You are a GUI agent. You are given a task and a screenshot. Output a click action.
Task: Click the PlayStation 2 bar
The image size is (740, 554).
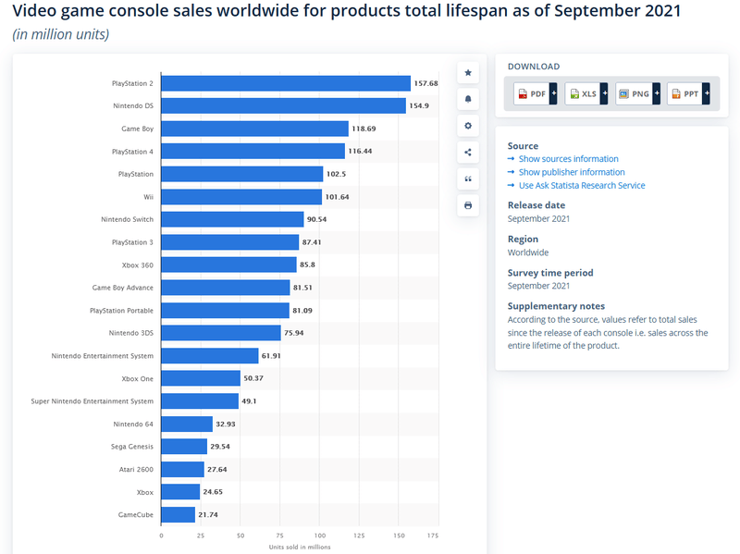(286, 83)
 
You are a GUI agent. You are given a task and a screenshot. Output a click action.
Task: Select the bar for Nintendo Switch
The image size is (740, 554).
(232, 219)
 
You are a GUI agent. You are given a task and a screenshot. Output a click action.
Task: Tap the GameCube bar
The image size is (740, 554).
(178, 514)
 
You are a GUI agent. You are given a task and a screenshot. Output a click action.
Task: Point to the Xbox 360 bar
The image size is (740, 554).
(228, 265)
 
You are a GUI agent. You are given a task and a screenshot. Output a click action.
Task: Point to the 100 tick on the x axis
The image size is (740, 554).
(319, 536)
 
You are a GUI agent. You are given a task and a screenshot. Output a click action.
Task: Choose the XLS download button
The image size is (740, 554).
(587, 93)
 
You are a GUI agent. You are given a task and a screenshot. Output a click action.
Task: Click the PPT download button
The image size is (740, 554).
(689, 93)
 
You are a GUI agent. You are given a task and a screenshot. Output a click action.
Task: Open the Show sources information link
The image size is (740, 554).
(568, 159)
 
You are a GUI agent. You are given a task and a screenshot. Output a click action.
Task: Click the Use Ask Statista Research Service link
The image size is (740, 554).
(581, 185)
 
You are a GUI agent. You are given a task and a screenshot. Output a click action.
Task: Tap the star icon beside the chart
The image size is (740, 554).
(468, 72)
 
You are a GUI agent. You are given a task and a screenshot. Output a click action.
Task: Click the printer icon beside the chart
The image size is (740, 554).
(468, 204)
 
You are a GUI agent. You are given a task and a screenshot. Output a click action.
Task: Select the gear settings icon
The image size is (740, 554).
(468, 126)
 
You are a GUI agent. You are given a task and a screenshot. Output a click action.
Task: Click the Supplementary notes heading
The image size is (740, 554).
(556, 306)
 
